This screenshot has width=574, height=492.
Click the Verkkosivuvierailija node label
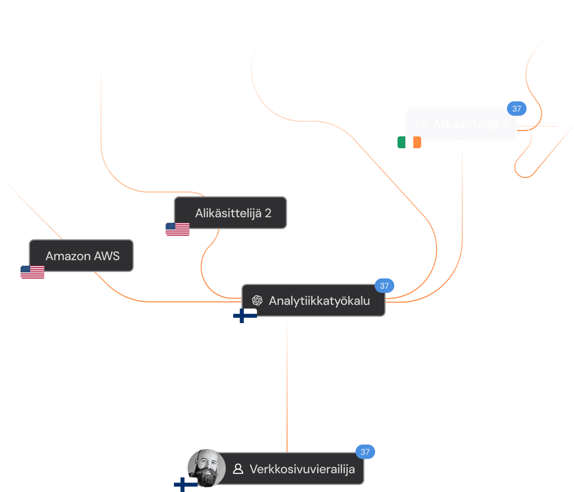click(302, 469)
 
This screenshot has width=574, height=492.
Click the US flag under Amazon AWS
click(32, 272)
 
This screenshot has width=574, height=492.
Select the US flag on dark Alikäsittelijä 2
click(177, 229)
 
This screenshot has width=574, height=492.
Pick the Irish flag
click(409, 142)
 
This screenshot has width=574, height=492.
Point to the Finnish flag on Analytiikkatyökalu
click(245, 316)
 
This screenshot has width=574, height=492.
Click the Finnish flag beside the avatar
click(186, 484)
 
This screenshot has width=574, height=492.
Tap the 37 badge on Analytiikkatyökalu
click(384, 286)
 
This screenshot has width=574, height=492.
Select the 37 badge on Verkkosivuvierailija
click(365, 452)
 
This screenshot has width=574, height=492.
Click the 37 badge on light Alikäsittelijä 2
click(517, 109)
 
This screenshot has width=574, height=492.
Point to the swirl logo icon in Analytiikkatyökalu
click(257, 300)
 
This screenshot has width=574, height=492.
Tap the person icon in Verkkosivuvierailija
click(238, 469)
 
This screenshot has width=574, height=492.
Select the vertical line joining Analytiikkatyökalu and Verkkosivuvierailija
click(287, 383)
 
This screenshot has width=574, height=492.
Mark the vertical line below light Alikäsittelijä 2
click(462, 192)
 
